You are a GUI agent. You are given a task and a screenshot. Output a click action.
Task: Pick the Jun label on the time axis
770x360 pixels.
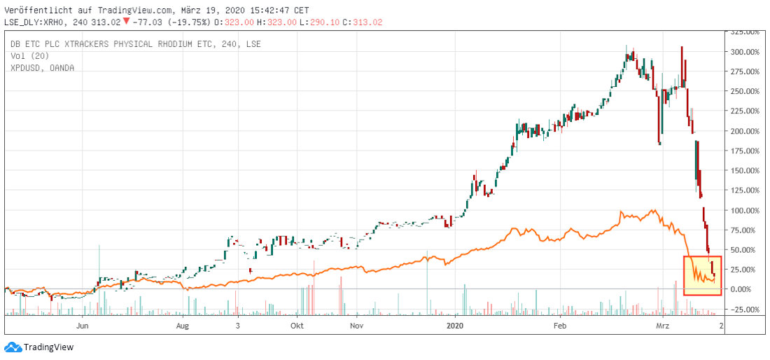[x=83, y=326]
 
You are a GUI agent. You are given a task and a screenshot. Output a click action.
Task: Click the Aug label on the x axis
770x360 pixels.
[x=183, y=326]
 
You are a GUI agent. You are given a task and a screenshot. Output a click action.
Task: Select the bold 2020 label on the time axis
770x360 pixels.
[x=455, y=326]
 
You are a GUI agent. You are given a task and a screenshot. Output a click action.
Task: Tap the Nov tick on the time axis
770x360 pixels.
[x=357, y=326]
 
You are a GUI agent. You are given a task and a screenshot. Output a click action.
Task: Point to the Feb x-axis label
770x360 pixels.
[x=559, y=326]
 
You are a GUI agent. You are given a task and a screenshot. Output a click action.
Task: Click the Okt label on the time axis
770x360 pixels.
[x=297, y=326]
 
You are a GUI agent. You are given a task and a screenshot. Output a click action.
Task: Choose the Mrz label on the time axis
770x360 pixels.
[x=662, y=326]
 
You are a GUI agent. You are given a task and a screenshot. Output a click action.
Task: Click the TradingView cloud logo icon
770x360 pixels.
[x=13, y=347]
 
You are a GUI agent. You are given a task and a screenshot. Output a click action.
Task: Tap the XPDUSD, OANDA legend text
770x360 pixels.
[x=42, y=68]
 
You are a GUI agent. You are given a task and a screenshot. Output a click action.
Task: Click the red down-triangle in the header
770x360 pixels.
[x=126, y=21]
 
